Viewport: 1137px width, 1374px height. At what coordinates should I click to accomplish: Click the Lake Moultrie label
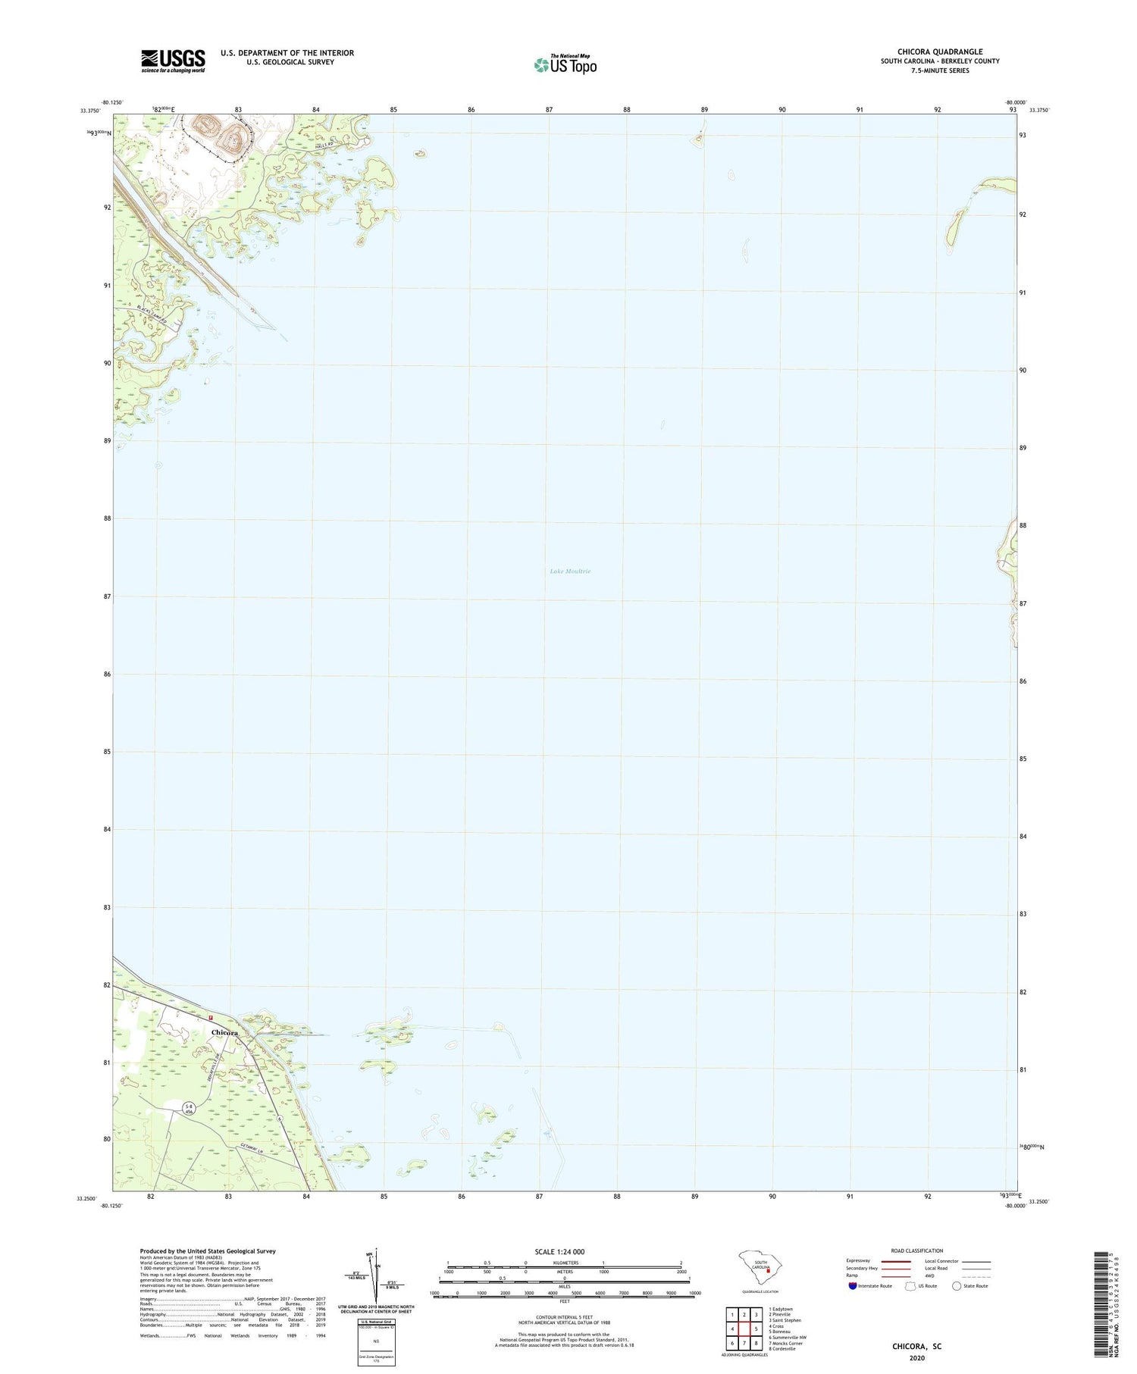570,571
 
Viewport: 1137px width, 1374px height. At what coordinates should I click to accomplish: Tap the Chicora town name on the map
224,1032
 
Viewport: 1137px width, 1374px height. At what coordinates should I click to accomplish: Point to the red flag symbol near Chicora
212,1018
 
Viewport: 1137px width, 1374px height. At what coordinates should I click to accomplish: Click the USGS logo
173,61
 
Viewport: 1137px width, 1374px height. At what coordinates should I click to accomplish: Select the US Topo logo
565,64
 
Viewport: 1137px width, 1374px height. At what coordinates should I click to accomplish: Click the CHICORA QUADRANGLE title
940,52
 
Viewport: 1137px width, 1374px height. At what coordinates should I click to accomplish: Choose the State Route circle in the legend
957,1285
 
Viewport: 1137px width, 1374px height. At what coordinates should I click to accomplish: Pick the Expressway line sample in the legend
894,1261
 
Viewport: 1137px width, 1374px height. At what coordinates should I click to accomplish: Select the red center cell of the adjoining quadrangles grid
744,1329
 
